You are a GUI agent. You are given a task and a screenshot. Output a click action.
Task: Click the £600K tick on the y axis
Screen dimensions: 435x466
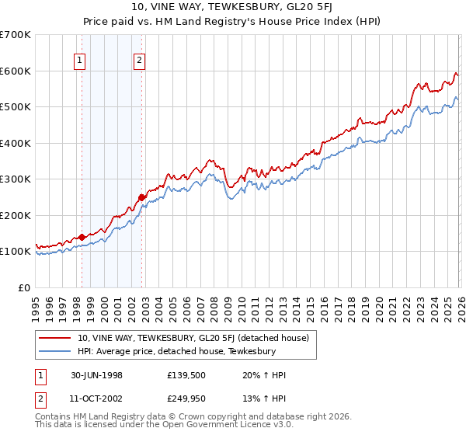16,71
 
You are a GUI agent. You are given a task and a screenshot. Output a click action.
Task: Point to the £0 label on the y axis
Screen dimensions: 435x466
23,287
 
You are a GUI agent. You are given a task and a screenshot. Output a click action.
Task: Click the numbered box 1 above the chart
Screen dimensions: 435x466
82,61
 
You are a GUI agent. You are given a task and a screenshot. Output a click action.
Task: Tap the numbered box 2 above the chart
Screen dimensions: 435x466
140,61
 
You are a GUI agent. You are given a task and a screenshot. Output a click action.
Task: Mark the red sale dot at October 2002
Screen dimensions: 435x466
141,197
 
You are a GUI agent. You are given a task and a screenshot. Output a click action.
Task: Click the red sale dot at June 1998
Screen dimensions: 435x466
82,237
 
